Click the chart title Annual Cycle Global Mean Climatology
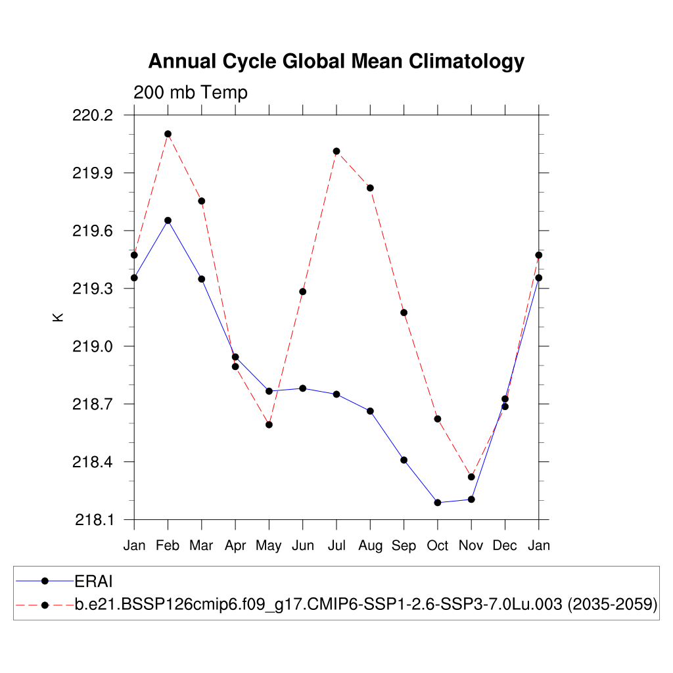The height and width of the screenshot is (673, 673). [x=336, y=61]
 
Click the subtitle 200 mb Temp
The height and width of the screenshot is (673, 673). [x=191, y=93]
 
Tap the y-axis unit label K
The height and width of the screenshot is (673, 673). [x=58, y=317]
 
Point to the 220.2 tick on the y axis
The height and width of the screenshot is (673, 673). [x=95, y=115]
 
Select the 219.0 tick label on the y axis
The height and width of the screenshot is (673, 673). [x=95, y=346]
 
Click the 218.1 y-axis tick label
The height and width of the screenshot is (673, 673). [x=95, y=520]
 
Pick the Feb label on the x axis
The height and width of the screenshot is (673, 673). [x=168, y=545]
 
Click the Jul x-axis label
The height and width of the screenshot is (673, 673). [x=336, y=545]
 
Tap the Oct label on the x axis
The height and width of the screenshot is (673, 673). [x=438, y=545]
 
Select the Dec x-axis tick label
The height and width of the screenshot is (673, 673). [x=505, y=545]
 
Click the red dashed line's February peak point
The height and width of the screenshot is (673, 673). [x=168, y=134]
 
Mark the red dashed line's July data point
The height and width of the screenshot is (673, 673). [x=336, y=151]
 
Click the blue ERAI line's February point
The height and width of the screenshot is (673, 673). [x=168, y=220]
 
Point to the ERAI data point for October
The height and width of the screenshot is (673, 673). [x=438, y=503]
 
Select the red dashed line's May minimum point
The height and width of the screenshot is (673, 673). [x=269, y=425]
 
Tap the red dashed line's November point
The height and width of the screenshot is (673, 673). [x=471, y=476]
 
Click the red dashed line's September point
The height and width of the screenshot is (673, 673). [x=404, y=312]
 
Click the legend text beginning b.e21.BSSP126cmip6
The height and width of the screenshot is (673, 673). [x=366, y=605]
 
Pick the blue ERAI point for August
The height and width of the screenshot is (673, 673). [x=370, y=411]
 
